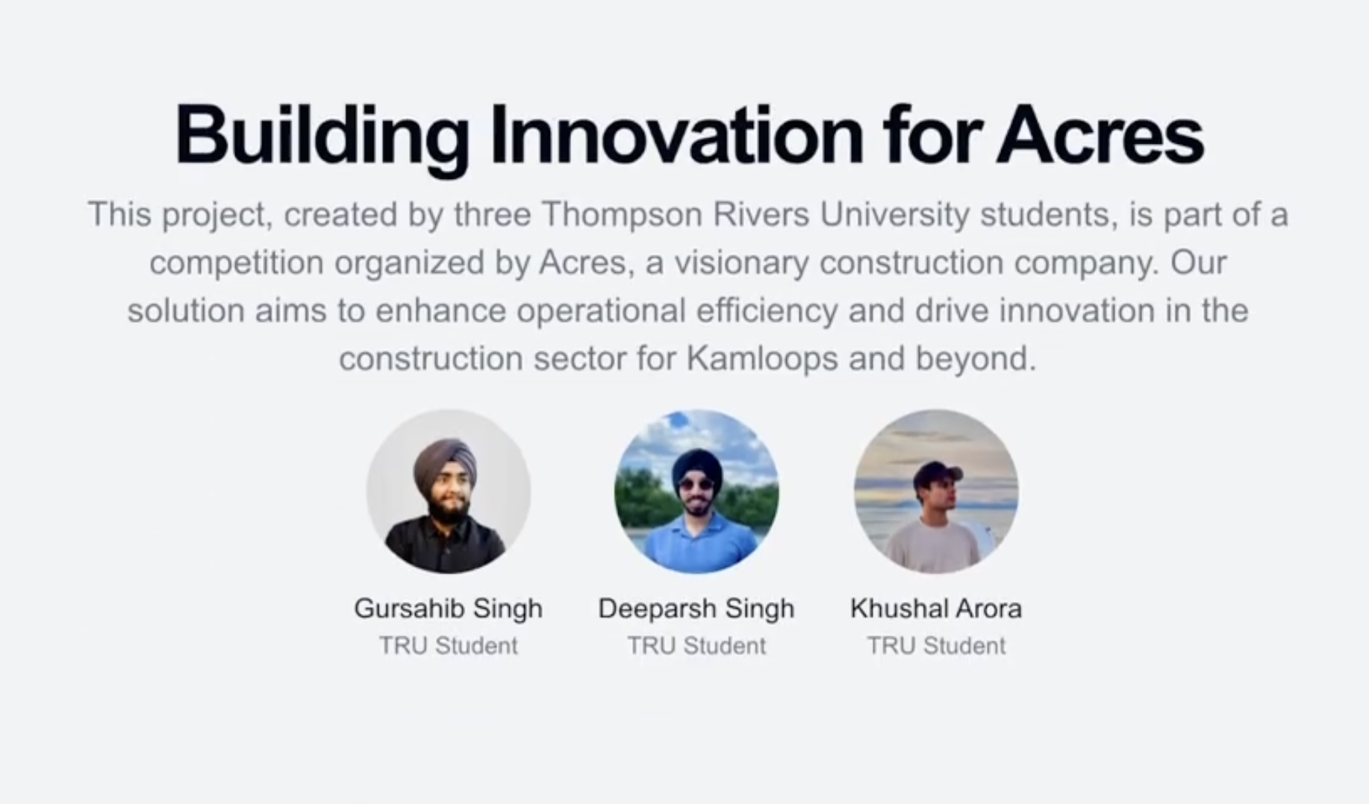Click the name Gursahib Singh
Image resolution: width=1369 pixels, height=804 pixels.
coord(448,609)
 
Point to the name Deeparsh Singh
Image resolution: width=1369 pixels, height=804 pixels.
coord(696,609)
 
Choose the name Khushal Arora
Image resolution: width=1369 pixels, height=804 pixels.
coord(935,609)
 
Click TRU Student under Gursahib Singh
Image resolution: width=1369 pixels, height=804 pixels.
coord(448,645)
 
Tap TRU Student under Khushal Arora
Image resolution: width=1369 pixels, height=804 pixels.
coord(935,645)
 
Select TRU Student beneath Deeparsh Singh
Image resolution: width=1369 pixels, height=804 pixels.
coord(696,645)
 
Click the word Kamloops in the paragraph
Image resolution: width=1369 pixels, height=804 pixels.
coord(761,359)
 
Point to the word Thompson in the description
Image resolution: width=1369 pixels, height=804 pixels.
coord(621,215)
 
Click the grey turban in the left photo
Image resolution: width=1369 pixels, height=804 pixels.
coord(445,459)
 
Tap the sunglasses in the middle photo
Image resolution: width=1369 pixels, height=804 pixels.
coord(696,485)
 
